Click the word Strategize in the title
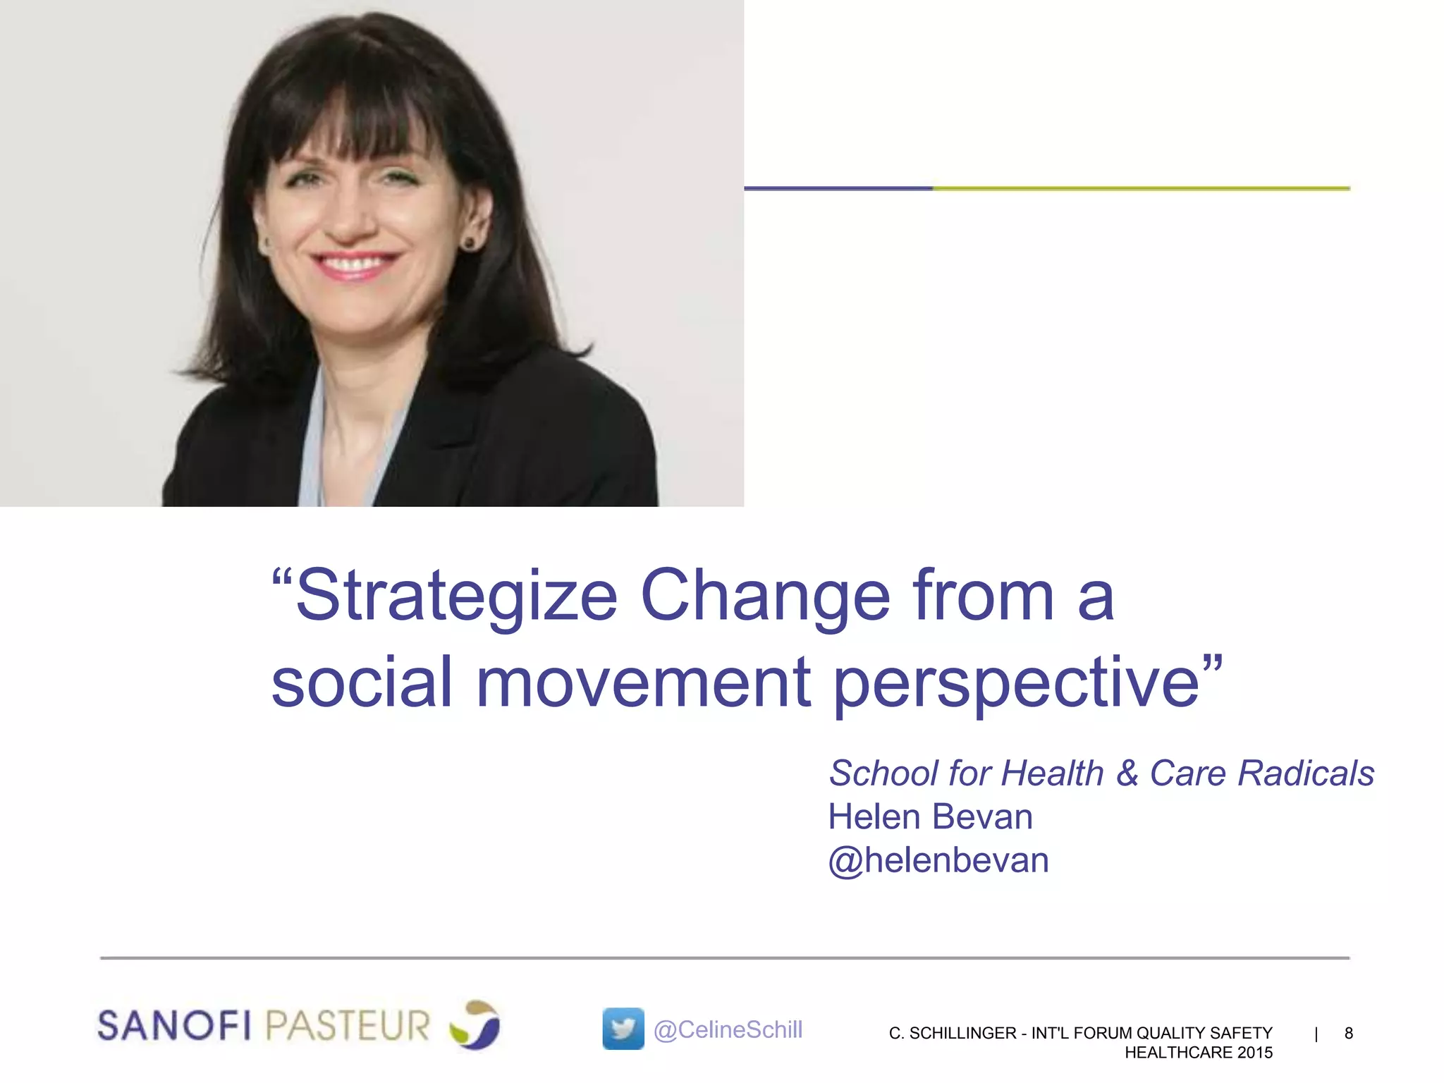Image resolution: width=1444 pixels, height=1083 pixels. coord(457,596)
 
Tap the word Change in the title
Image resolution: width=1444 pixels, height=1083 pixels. coord(765,596)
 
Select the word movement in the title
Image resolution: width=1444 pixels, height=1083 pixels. coord(643,683)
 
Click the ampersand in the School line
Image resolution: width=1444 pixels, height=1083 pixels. coord(1127,773)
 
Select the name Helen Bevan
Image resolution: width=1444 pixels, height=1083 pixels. coord(930,817)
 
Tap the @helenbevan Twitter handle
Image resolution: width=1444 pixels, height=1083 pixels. coord(938,861)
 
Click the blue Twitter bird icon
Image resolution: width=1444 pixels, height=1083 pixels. coord(623,1029)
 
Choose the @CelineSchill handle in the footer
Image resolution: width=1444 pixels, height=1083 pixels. coord(728,1030)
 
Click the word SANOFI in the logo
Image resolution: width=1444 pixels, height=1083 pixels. coord(174,1025)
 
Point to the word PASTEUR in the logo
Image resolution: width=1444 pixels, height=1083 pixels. coord(348,1025)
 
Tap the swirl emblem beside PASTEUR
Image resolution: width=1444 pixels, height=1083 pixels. coord(475,1024)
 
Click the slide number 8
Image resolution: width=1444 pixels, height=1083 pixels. coord(1348,1033)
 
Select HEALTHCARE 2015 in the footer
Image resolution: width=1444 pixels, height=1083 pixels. coord(1198,1053)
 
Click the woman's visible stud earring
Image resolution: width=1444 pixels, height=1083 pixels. coord(468,243)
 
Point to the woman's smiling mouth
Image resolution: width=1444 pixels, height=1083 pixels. coord(355,265)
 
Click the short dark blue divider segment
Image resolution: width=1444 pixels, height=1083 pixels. coord(838,188)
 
